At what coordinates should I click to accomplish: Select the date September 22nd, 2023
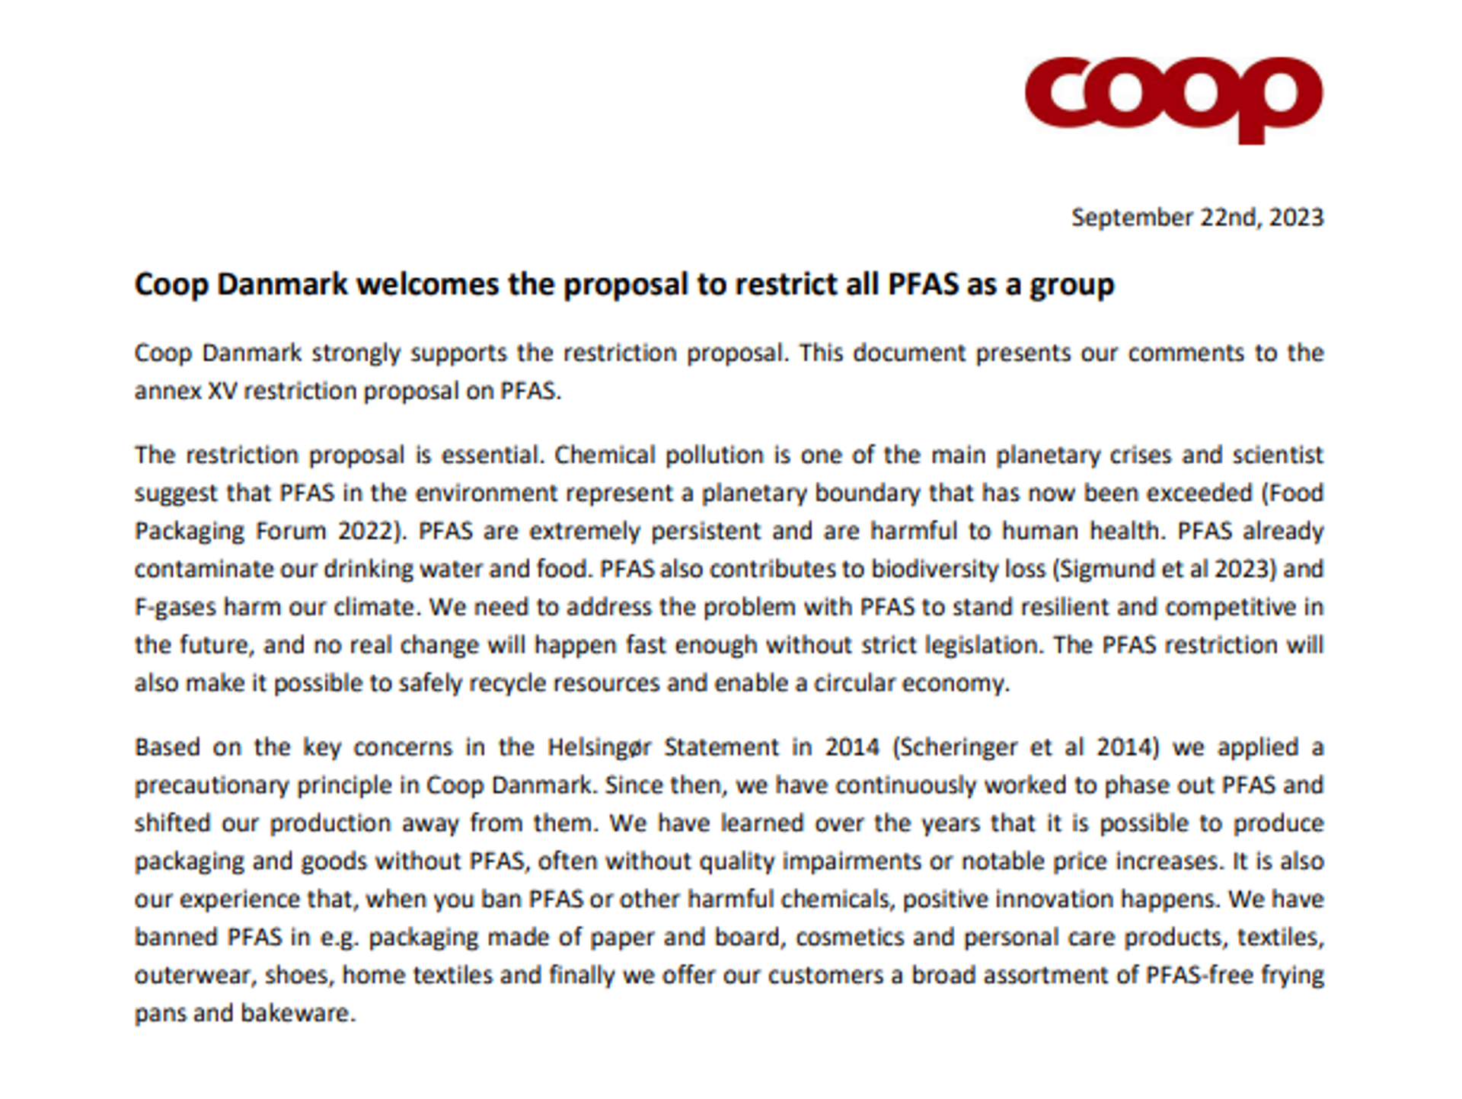pyautogui.click(x=1197, y=218)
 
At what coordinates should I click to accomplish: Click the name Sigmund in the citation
pyautogui.click(x=1106, y=569)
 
